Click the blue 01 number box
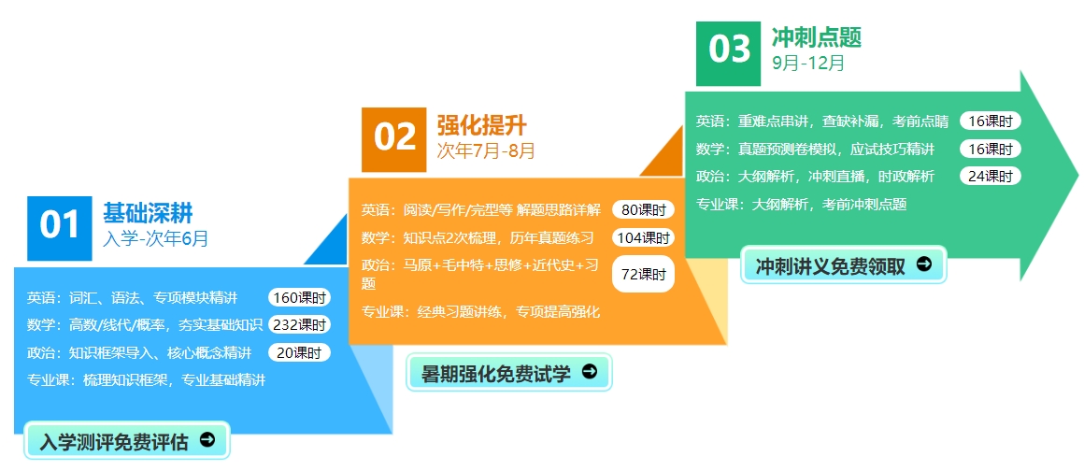[x=60, y=228]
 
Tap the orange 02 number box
[x=394, y=139]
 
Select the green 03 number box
[x=728, y=53]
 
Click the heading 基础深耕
[x=148, y=213]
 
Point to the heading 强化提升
[x=482, y=125]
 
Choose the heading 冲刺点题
[x=817, y=37]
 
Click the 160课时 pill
[x=299, y=298]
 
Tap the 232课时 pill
[x=299, y=324]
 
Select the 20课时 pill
[x=299, y=352]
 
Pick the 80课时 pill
[x=643, y=210]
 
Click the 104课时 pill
[x=643, y=238]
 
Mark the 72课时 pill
[x=643, y=274]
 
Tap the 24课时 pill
[x=990, y=176]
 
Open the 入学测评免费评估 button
[x=127, y=440]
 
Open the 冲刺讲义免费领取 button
[x=844, y=264]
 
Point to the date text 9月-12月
[x=808, y=64]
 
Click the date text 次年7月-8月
[x=486, y=150]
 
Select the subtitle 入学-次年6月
[x=155, y=239]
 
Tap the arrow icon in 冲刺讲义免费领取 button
[x=924, y=264]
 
